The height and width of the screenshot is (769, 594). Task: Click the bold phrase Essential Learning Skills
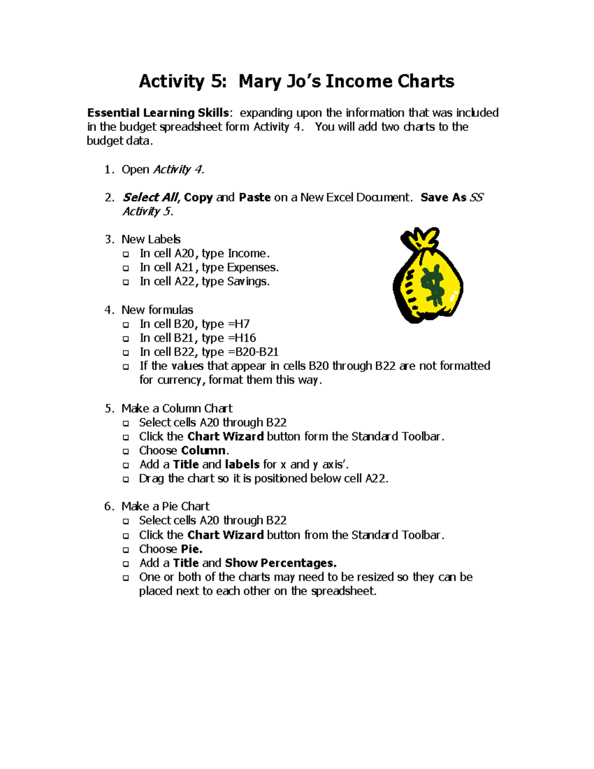[157, 113]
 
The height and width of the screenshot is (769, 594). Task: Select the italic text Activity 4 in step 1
[179, 169]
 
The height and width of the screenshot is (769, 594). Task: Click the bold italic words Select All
[150, 197]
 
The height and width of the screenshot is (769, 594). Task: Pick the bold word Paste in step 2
[254, 197]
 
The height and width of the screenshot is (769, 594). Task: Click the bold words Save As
[443, 197]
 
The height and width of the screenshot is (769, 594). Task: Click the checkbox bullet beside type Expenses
[126, 268]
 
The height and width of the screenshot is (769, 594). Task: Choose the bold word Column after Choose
[203, 451]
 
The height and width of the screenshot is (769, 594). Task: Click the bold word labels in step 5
[242, 464]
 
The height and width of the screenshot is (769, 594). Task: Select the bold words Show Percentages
[280, 563]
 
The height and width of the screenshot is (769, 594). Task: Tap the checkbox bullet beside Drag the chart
[126, 479]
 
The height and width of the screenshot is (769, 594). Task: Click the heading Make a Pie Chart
[165, 506]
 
